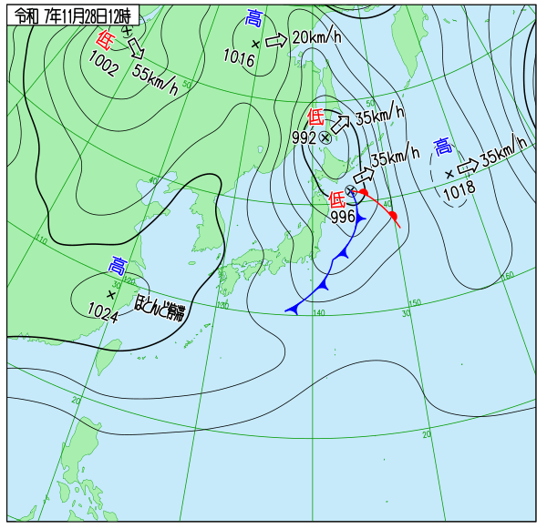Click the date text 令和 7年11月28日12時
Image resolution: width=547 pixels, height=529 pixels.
point(73,15)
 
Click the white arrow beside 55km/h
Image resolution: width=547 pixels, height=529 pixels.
point(135,46)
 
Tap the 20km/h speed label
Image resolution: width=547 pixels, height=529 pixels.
point(316,37)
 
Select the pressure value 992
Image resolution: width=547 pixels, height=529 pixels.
point(304,137)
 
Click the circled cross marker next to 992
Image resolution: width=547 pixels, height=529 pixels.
point(325,137)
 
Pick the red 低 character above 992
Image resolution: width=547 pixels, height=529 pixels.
point(315,117)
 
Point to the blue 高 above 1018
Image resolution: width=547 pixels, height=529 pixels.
point(443,147)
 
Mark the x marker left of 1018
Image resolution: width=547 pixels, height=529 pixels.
point(449,173)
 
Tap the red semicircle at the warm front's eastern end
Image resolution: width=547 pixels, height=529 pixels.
point(393,217)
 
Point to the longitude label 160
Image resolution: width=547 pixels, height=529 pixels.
point(508,274)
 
